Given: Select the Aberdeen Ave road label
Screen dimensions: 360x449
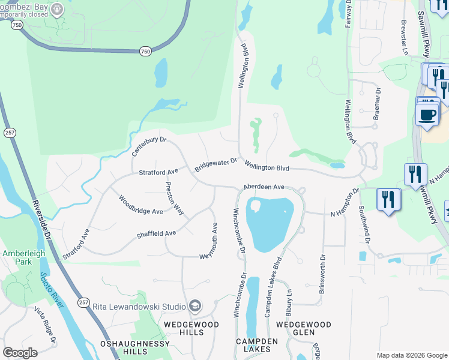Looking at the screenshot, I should [264, 187].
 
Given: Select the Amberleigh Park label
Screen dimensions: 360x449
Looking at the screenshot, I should [24, 258].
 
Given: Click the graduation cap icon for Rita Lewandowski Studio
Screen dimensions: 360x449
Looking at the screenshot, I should [194, 307].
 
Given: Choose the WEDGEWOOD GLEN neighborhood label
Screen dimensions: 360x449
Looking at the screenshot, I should [303, 328].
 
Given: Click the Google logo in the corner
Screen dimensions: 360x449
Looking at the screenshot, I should [20, 353].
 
